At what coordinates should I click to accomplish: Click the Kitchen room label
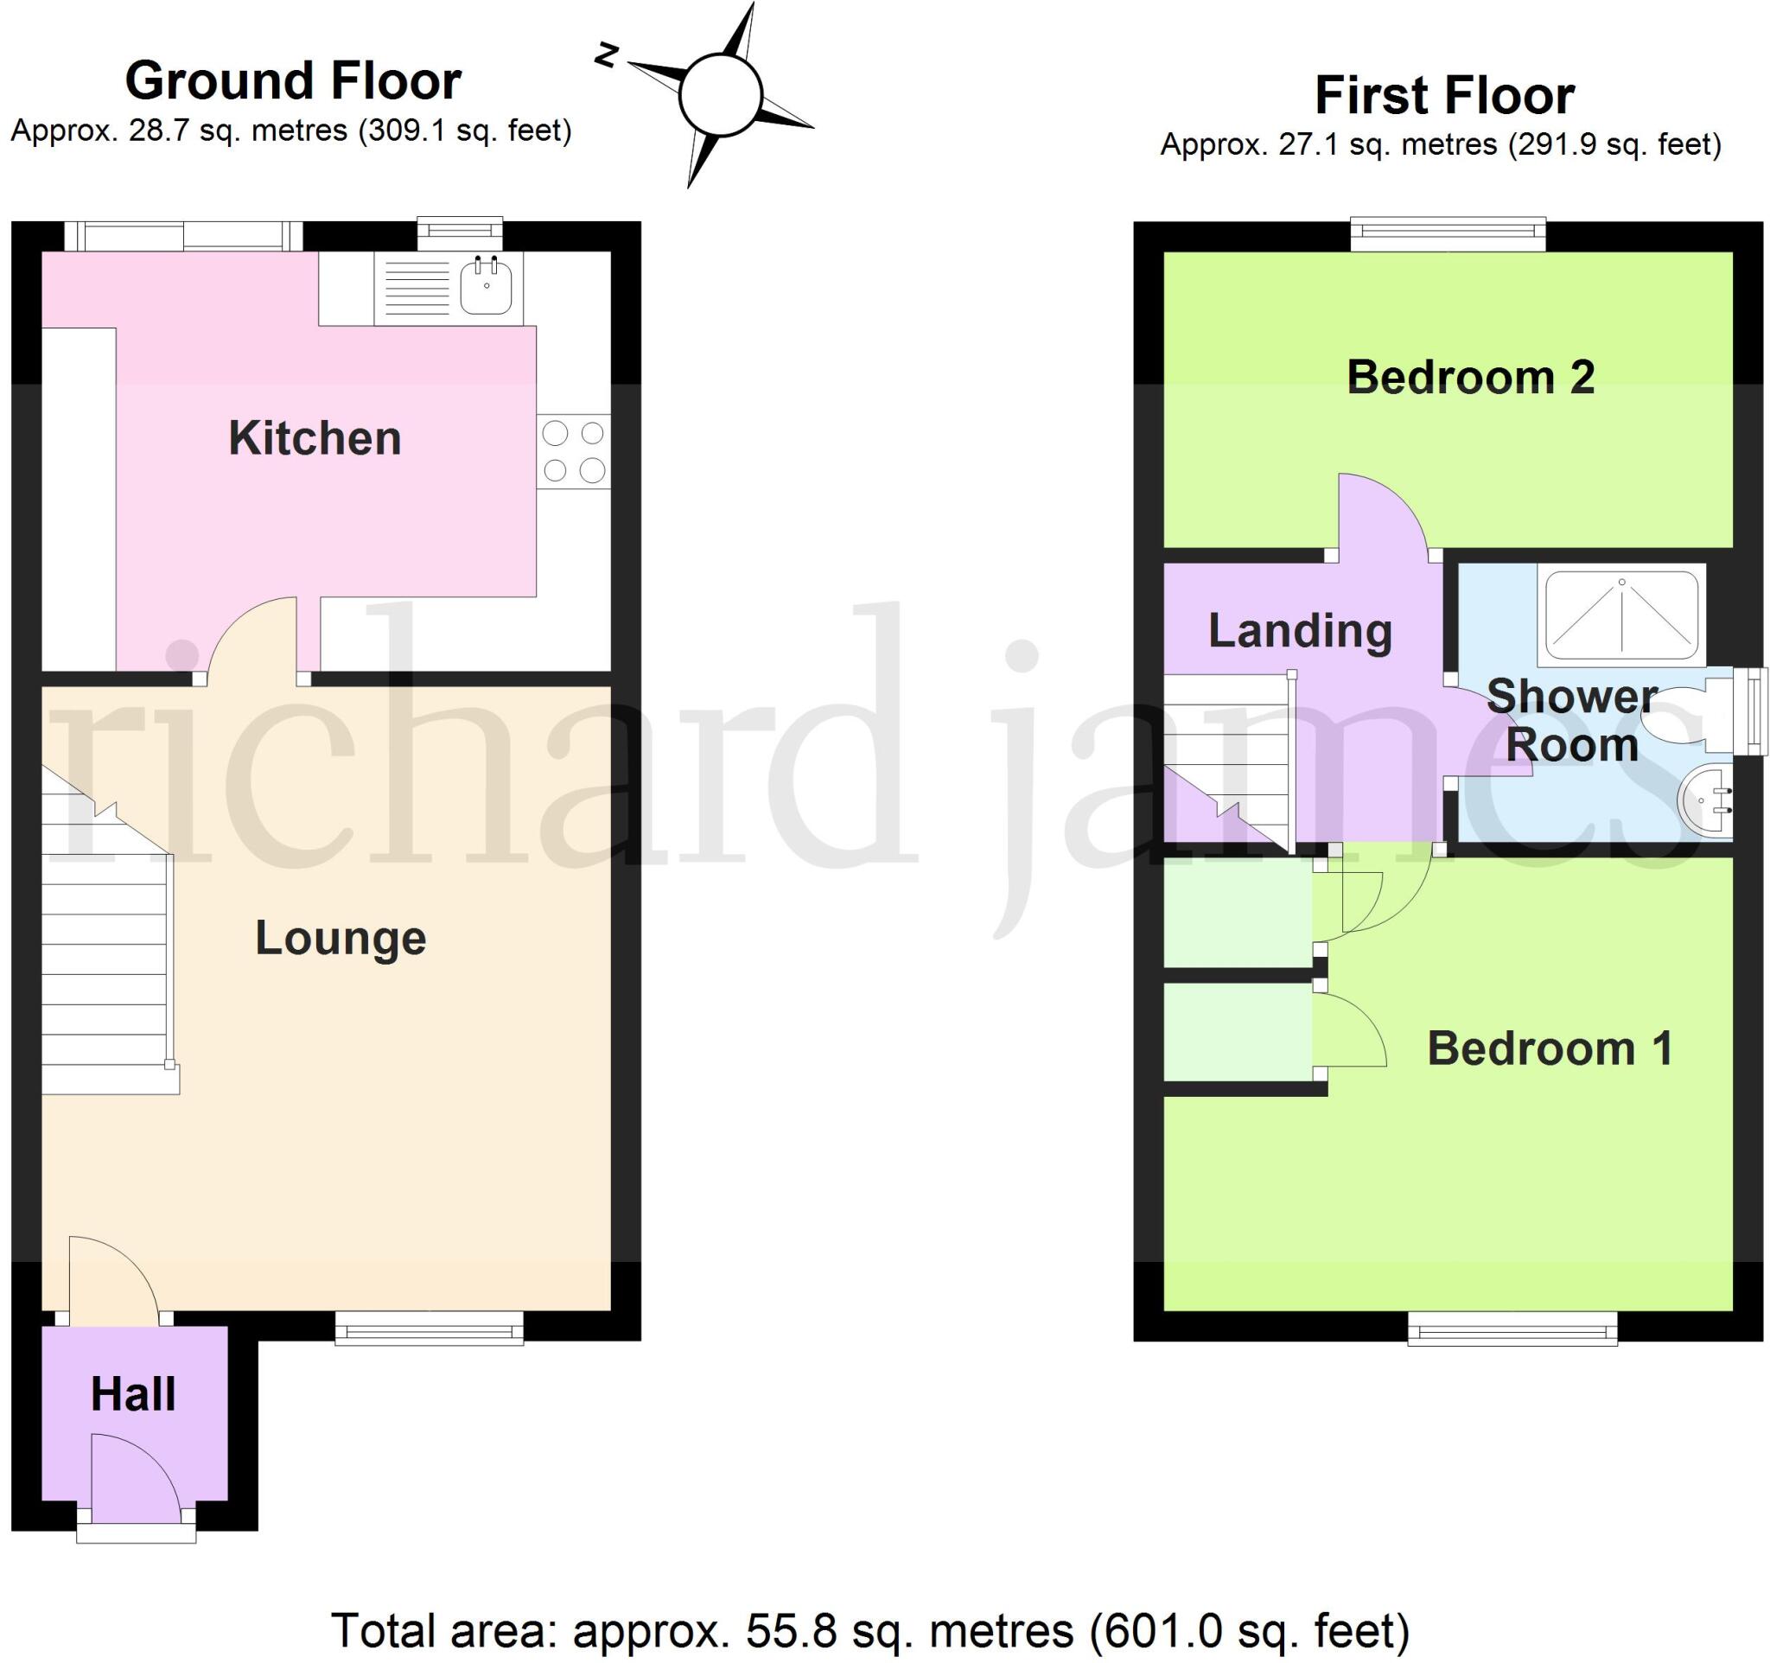[x=315, y=438]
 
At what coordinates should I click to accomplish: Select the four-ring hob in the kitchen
[x=573, y=451]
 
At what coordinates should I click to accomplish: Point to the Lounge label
[x=341, y=939]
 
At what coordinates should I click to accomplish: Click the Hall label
[x=134, y=1393]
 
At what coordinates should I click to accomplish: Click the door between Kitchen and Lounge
[x=252, y=640]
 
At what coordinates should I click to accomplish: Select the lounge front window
[x=430, y=1331]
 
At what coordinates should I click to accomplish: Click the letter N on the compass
[x=607, y=55]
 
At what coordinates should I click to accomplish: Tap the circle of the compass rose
[x=720, y=95]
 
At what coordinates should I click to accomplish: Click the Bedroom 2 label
[x=1470, y=378]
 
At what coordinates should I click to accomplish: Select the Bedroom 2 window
[x=1448, y=234]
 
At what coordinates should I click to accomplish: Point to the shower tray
[x=1621, y=615]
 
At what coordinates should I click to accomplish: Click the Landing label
[x=1300, y=631]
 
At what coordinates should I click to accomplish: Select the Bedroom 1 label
[x=1550, y=1048]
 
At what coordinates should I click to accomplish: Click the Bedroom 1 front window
[x=1512, y=1331]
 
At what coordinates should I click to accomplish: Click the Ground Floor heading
[x=293, y=81]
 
